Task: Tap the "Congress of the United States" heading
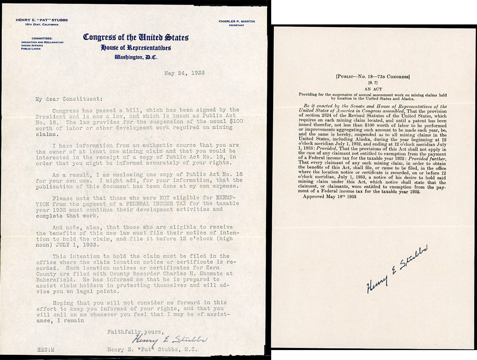pyautogui.click(x=136, y=37)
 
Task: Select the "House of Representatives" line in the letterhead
pyautogui.click(x=136, y=48)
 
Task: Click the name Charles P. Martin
pyautogui.click(x=236, y=21)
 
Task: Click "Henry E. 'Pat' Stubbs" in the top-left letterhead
pyautogui.click(x=41, y=20)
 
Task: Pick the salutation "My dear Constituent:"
pyautogui.click(x=68, y=99)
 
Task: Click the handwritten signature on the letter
pyautogui.click(x=170, y=339)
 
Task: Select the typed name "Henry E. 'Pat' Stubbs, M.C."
pyautogui.click(x=152, y=350)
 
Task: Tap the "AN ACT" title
pyautogui.click(x=373, y=89)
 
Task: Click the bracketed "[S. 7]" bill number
pyautogui.click(x=373, y=83)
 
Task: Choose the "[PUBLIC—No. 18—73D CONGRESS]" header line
pyautogui.click(x=373, y=77)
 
